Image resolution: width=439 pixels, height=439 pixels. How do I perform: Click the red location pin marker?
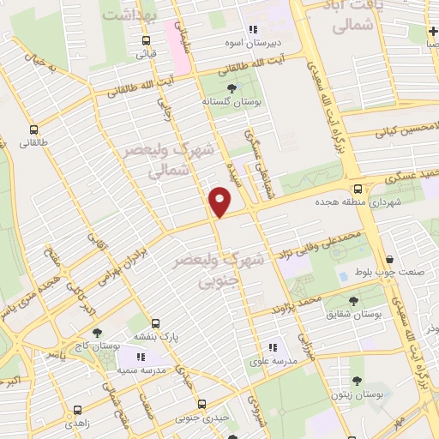(x=221, y=201)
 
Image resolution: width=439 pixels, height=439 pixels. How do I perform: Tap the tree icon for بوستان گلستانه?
(x=231, y=87)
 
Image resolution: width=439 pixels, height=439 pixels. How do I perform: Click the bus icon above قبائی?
(x=147, y=40)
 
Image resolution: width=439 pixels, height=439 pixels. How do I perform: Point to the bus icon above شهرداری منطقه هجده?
(x=358, y=190)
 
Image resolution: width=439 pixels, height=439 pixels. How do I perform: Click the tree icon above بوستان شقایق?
(x=355, y=300)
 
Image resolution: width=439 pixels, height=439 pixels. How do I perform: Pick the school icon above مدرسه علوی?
(x=273, y=347)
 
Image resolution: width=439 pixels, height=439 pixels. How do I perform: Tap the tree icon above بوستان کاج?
(x=95, y=333)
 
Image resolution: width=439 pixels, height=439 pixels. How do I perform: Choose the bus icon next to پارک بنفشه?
(x=155, y=324)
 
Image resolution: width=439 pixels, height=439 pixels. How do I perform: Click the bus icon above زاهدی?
(x=77, y=410)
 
